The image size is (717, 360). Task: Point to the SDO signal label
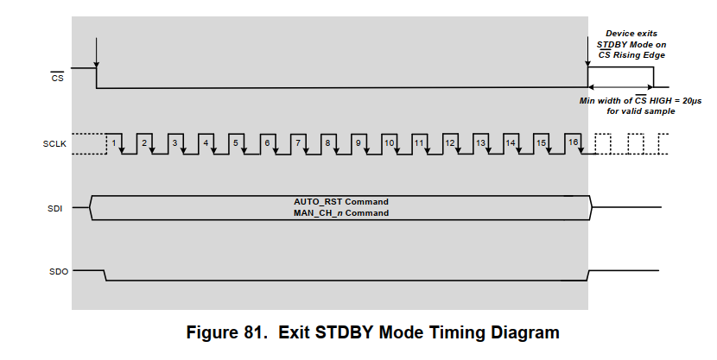tap(56, 271)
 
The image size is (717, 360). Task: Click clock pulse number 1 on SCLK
tap(114, 141)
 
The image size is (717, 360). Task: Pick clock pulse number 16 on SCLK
tap(572, 141)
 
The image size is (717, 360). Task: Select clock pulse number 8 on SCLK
tap(327, 141)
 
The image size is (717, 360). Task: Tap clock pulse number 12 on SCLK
tap(450, 141)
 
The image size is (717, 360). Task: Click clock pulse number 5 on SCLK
tap(235, 141)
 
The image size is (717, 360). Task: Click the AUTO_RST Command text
tap(340, 202)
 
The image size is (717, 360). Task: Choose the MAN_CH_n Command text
tap(340, 212)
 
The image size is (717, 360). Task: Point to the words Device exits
tap(631, 33)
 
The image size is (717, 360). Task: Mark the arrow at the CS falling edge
tap(96, 54)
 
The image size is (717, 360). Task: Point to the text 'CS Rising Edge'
tap(631, 55)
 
